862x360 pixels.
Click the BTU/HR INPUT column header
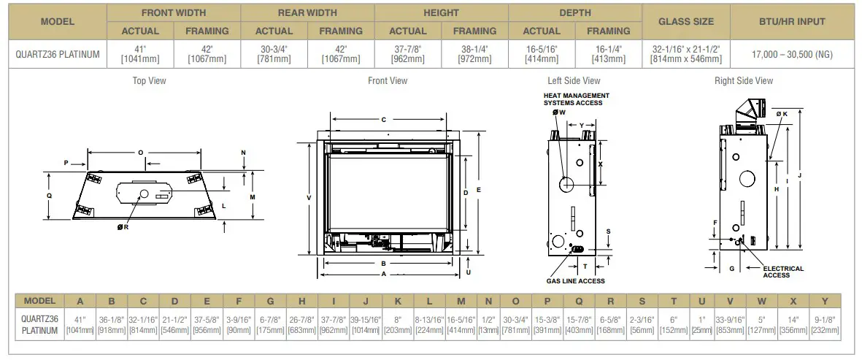coord(792,22)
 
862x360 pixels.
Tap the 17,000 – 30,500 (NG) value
coord(792,54)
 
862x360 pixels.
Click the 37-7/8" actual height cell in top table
coord(407,54)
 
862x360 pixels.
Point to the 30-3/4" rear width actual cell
coord(274,54)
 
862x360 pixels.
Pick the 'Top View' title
coord(149,81)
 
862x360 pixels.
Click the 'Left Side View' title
coord(574,81)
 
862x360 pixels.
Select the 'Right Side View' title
coord(743,81)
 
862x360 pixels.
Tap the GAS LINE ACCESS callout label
coord(576,280)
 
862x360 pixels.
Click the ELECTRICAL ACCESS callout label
coord(783,272)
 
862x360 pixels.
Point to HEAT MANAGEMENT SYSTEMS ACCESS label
coord(577,99)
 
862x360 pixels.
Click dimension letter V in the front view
coord(309,198)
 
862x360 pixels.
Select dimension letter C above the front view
coord(383,119)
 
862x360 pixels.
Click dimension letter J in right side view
coord(801,175)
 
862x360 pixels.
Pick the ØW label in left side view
coord(559,112)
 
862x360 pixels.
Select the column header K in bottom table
coord(398,301)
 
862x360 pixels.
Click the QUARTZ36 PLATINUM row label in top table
coord(58,54)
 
